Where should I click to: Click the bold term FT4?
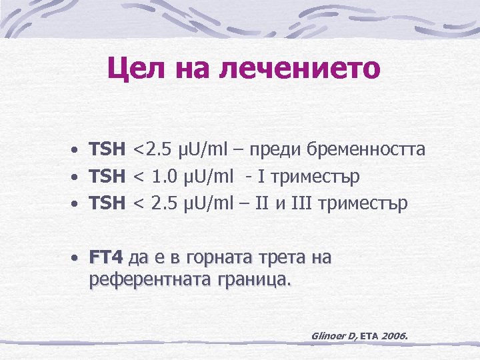coord(107,257)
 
